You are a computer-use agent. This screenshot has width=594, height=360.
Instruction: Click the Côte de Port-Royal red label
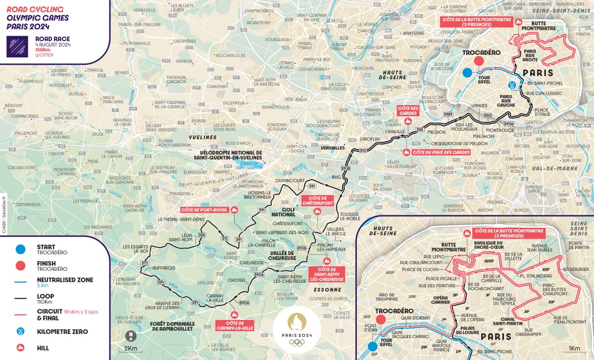tap(204, 210)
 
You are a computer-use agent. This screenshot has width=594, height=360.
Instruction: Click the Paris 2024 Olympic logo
tap(297, 329)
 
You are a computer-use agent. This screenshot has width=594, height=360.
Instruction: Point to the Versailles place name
tap(333, 148)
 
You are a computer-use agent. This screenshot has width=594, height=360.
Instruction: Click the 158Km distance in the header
tap(43, 50)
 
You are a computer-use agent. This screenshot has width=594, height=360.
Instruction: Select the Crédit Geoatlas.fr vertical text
tap(3, 213)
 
